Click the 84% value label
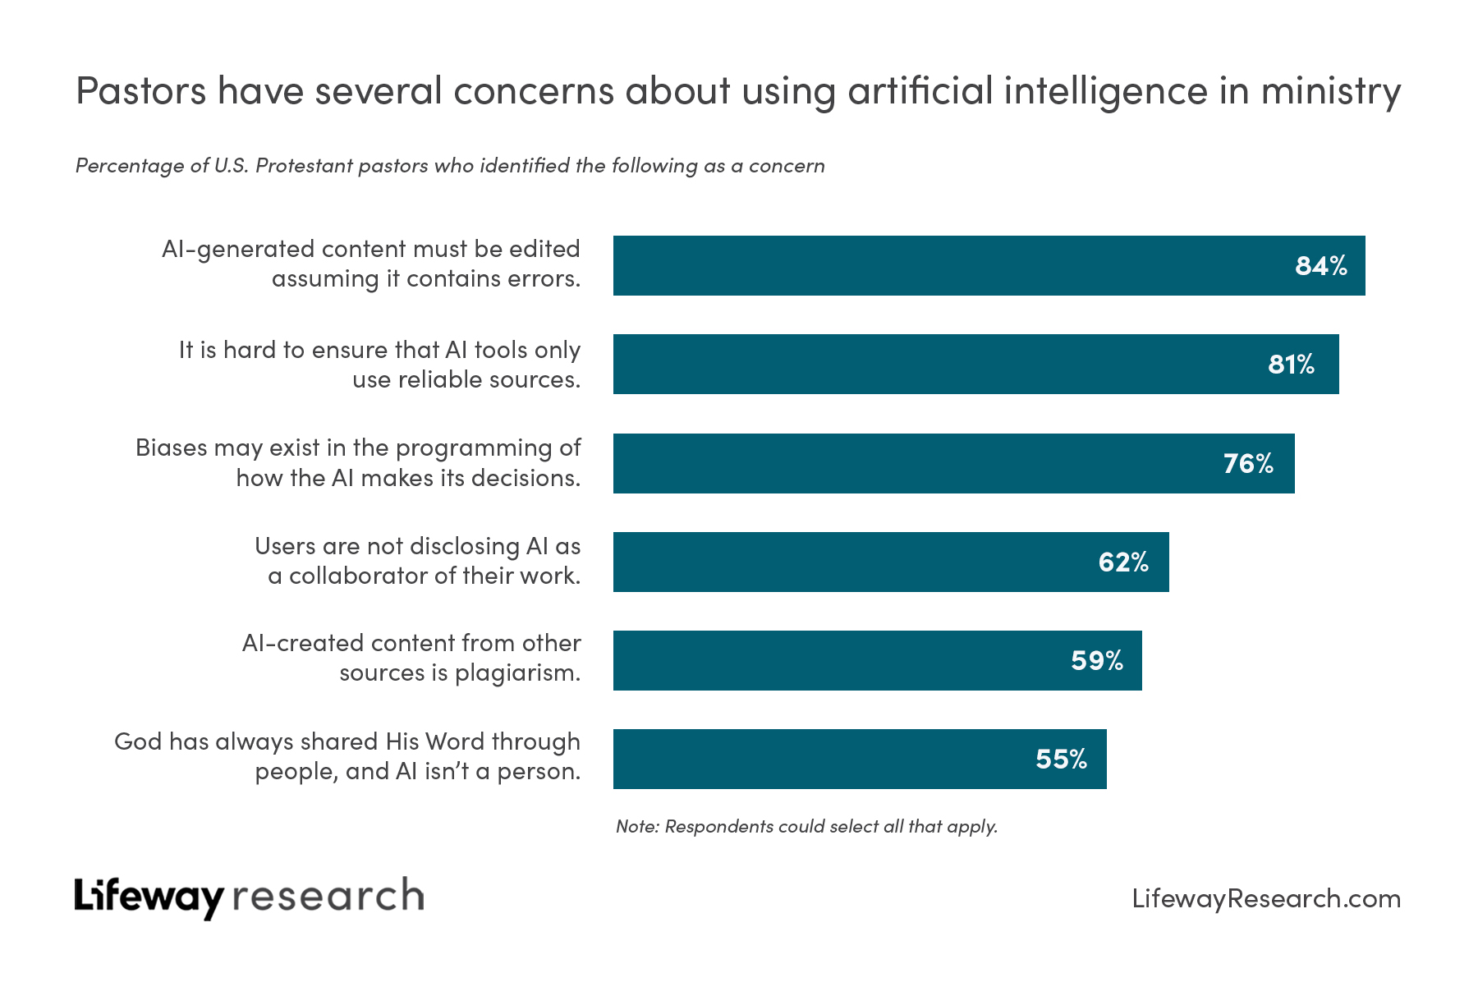[1320, 266]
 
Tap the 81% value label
[1291, 365]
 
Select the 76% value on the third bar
[1247, 464]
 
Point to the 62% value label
[1122, 562]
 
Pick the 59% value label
[1096, 661]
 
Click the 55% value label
[1061, 760]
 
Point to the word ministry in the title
[1330, 92]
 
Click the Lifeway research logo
[249, 897]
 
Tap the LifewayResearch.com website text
[1265, 898]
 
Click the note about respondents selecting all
[806, 827]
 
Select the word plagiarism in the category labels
[517, 673]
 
